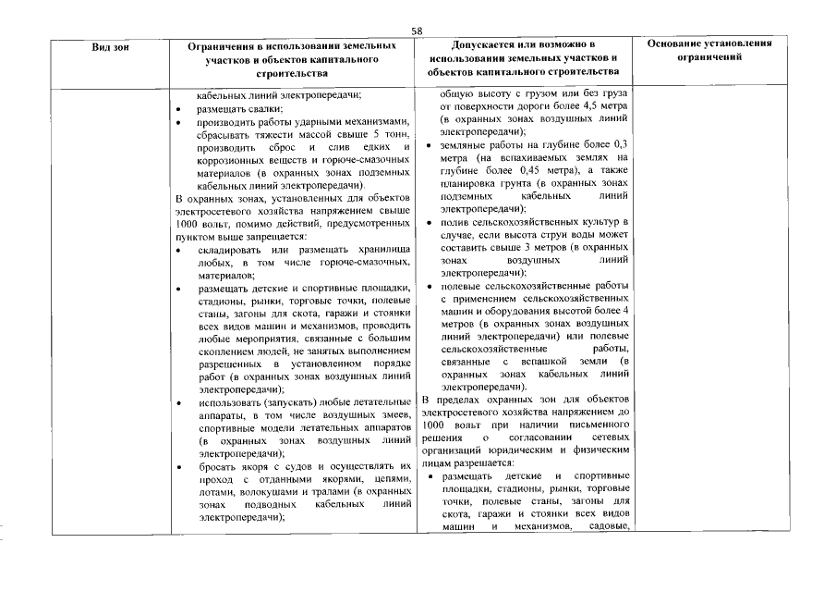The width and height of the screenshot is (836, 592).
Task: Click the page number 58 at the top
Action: [418, 31]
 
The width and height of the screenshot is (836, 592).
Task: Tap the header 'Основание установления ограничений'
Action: [709, 50]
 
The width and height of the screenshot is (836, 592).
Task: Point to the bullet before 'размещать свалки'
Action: [178, 108]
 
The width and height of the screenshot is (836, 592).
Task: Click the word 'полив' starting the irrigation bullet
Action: [455, 223]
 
